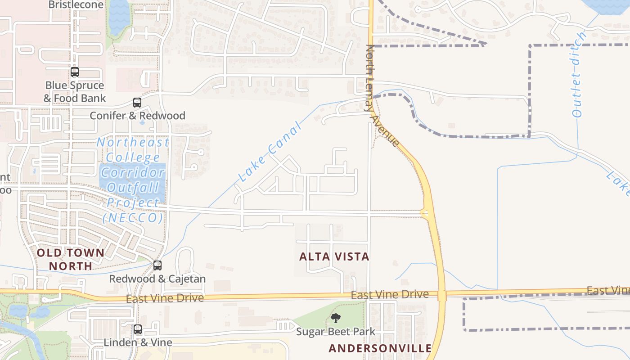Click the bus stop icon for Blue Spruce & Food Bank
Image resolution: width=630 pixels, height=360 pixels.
coord(75,72)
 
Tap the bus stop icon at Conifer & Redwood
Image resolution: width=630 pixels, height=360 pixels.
coord(137,103)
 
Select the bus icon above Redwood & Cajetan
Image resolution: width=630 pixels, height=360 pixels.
coord(157,265)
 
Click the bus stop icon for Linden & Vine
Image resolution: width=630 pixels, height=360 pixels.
coord(138,329)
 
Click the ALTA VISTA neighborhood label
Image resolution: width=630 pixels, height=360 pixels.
coord(334,257)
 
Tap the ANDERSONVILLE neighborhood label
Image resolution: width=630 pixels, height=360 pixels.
coord(380,348)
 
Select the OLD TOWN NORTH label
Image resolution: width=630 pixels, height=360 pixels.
coord(71,260)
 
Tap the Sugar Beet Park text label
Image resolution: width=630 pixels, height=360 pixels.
coord(335,332)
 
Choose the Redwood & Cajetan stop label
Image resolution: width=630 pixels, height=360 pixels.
coord(157,279)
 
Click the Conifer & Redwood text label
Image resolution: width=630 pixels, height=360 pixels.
coord(137,116)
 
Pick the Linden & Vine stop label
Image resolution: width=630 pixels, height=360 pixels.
coord(138,342)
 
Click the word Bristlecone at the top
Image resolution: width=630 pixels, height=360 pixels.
coord(76,5)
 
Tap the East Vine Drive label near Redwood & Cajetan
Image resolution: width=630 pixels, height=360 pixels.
coord(165,298)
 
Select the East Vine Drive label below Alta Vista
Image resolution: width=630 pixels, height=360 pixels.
coord(390,295)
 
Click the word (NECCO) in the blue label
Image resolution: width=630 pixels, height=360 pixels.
coord(132,218)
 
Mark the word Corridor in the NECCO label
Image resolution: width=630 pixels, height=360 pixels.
coord(133,173)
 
